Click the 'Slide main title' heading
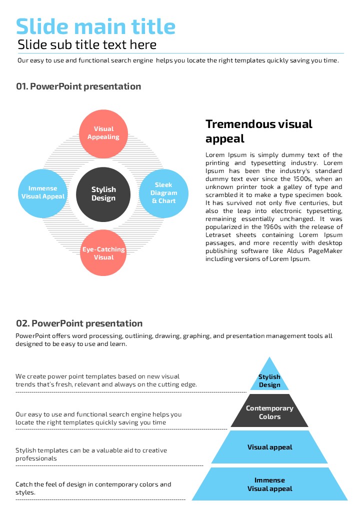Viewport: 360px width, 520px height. pos(95,26)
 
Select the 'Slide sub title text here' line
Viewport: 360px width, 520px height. pos(87,45)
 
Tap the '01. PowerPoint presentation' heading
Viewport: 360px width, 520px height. pos(78,86)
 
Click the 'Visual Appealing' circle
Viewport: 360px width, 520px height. pos(103,133)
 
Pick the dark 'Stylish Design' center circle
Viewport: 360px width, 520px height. pos(103,194)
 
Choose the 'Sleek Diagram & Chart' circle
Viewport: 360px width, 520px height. pos(164,193)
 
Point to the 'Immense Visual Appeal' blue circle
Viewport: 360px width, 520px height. pos(43,192)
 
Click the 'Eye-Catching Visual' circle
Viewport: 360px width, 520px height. pos(103,253)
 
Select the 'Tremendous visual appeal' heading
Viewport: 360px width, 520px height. pos(258,131)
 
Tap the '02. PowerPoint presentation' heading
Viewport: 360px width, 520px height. pos(79,323)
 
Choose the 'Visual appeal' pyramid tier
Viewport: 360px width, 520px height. pos(269,447)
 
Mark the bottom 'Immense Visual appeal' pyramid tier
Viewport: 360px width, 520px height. pos(269,484)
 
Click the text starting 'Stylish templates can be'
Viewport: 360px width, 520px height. pos(91,454)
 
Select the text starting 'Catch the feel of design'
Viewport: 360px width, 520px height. pos(93,488)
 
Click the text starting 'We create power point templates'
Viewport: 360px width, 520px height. pos(106,380)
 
